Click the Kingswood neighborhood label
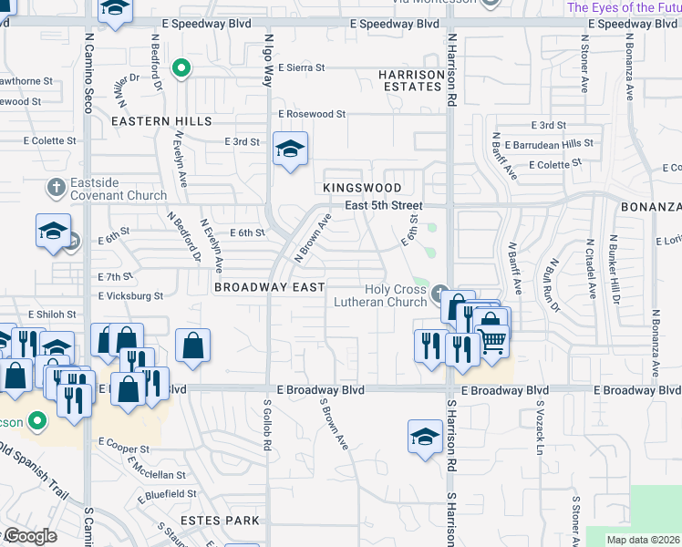click(x=361, y=187)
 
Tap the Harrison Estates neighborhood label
click(x=410, y=79)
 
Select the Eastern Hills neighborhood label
click(x=161, y=121)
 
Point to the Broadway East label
click(x=269, y=287)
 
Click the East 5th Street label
click(x=384, y=205)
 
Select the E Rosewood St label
click(x=312, y=114)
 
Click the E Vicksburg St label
click(x=130, y=295)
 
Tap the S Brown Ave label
click(x=334, y=424)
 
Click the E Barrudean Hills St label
click(x=550, y=143)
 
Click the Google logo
click(x=30, y=536)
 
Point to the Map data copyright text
click(x=642, y=540)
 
